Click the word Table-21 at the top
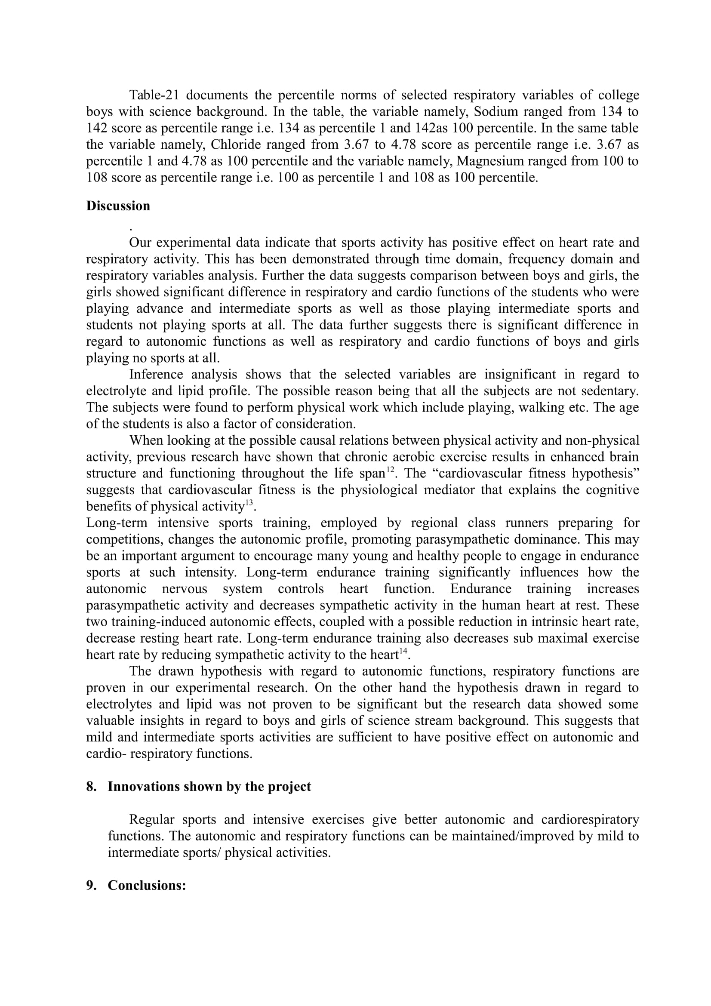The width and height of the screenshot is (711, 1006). click(x=153, y=95)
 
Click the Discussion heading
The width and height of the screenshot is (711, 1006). click(x=118, y=206)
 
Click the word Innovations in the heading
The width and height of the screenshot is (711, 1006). click(x=143, y=787)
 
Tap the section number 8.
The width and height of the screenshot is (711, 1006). click(x=91, y=787)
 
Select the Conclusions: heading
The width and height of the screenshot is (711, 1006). click(x=147, y=886)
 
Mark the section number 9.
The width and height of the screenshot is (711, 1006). click(x=91, y=886)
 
